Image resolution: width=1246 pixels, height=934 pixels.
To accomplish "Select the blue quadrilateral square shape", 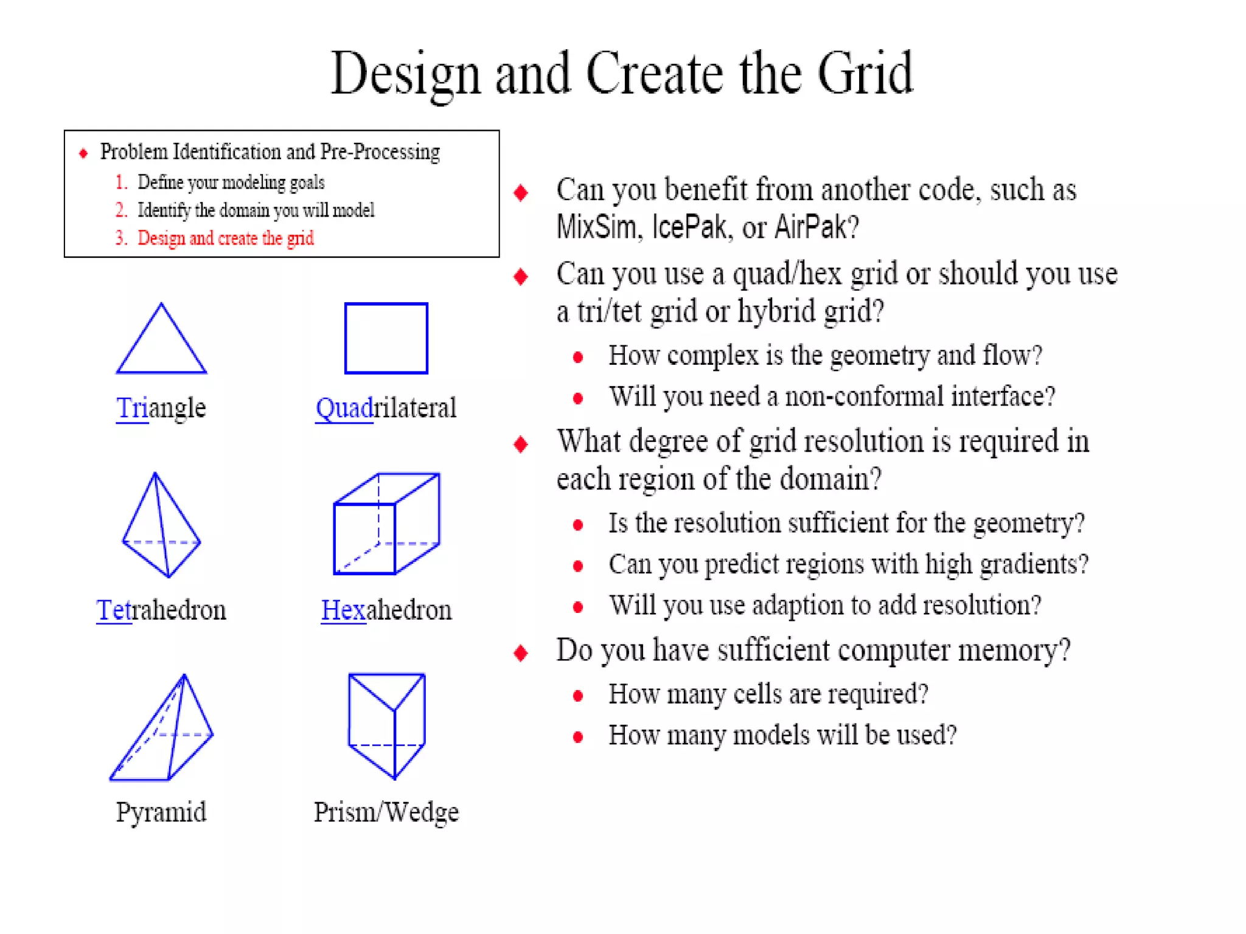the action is [386, 338].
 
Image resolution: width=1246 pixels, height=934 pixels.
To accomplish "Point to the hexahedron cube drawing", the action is [386, 524].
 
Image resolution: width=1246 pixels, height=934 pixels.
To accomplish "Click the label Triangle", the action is [161, 408].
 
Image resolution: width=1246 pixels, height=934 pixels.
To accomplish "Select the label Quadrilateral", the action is [386, 408].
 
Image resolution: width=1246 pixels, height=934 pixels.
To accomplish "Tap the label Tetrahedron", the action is [161, 610].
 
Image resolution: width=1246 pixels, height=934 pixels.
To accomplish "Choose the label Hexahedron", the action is [386, 610].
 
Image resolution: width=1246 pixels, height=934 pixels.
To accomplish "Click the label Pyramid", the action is [161, 812].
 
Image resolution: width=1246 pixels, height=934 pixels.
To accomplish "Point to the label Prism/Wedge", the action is [386, 812].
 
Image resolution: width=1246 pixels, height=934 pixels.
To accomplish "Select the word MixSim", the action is [596, 227].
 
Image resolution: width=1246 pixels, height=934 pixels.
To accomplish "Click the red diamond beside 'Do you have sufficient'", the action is [521, 653].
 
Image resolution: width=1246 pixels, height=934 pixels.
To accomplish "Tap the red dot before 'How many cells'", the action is [578, 696].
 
